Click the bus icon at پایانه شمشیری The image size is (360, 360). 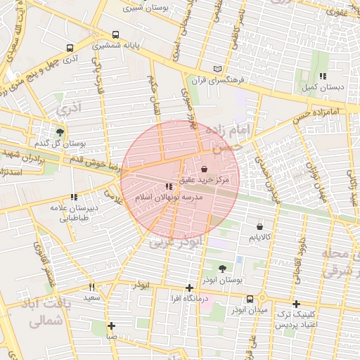115,34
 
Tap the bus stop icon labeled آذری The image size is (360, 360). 69,48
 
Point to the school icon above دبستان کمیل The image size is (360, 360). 323,76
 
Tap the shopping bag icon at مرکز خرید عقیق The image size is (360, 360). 204,169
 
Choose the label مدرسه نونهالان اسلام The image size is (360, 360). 169,199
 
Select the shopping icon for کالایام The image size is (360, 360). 261,227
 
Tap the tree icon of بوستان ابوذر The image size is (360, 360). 222,268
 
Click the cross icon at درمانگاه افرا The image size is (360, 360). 188,288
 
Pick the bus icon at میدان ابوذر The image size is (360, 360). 250,299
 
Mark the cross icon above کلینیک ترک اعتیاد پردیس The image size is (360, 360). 296,303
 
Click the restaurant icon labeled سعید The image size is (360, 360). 91,287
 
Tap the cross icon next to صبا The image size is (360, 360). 111,326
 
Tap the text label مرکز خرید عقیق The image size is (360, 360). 204,181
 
